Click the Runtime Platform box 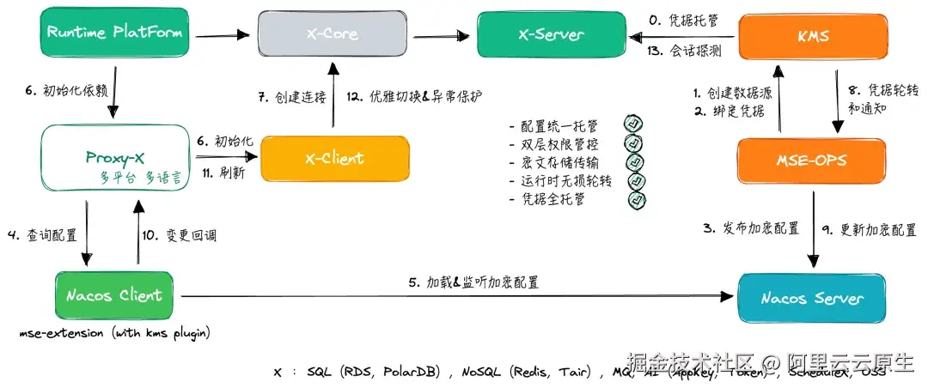click(x=114, y=34)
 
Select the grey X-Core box click(x=332, y=35)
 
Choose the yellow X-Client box click(x=334, y=159)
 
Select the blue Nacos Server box click(x=812, y=299)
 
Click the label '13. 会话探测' click(x=684, y=51)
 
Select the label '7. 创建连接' click(x=292, y=97)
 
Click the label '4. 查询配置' click(x=41, y=234)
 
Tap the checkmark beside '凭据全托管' click(x=637, y=200)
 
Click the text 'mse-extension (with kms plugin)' click(x=114, y=333)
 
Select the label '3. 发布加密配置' click(x=752, y=228)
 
